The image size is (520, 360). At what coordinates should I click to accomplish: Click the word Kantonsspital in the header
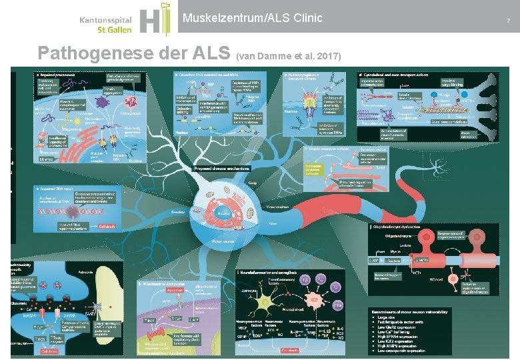[105, 20]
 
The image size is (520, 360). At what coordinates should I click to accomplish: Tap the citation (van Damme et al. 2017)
[289, 55]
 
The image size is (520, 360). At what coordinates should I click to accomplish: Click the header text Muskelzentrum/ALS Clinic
[253, 18]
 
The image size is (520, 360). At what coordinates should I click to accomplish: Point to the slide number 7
[508, 21]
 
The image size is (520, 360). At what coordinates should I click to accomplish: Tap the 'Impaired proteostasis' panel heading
[59, 75]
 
